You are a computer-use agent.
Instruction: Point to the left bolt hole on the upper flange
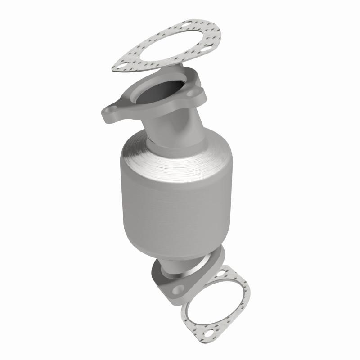click(x=110, y=110)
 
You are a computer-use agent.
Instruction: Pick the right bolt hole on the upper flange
click(x=192, y=94)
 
